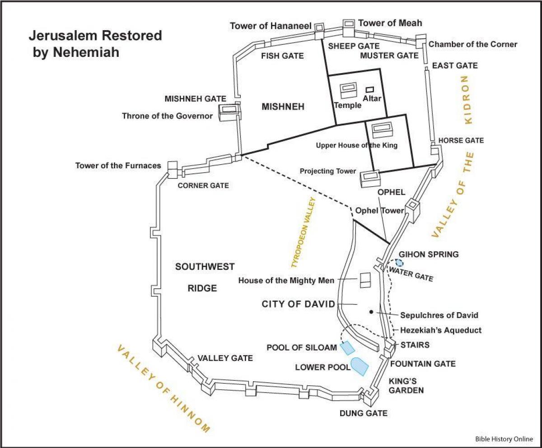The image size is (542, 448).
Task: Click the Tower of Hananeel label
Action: [x=271, y=26]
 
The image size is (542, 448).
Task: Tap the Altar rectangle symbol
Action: [x=369, y=90]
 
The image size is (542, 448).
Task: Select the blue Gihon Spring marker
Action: [x=399, y=262]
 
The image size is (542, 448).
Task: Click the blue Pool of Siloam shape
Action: [x=347, y=348]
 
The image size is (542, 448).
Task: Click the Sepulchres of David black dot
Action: [x=371, y=312]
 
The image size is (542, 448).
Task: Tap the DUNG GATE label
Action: [x=364, y=413]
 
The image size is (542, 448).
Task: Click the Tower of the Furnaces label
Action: [x=118, y=166]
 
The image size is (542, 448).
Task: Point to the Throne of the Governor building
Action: [x=228, y=112]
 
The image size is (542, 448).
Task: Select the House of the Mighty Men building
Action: [x=364, y=280]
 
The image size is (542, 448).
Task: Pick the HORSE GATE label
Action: [x=458, y=141]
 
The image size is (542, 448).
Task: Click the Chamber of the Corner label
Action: [x=472, y=44]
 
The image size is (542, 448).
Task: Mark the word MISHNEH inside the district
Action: [x=283, y=107]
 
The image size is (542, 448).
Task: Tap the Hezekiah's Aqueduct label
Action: [x=441, y=330]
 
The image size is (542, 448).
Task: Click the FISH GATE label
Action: [x=283, y=56]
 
